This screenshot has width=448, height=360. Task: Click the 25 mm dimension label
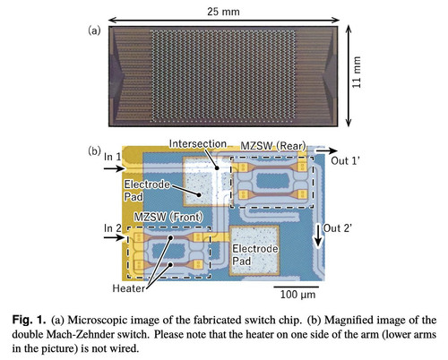click(223, 12)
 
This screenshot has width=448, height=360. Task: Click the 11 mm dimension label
click(357, 73)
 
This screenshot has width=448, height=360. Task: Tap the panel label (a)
click(94, 30)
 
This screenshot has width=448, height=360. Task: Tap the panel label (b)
click(94, 151)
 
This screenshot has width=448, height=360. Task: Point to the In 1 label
click(113, 157)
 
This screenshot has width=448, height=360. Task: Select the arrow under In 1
click(115, 169)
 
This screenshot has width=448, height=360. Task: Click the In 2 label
click(113, 228)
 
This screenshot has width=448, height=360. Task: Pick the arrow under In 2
click(115, 237)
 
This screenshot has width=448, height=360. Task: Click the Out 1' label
click(345, 161)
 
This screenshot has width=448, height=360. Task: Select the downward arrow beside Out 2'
click(318, 236)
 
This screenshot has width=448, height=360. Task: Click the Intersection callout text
click(198, 144)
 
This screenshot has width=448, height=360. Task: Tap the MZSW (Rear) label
click(273, 146)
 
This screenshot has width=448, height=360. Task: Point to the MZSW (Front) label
click(168, 217)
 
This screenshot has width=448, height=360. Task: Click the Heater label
click(129, 288)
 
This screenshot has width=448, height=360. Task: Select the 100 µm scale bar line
click(296, 287)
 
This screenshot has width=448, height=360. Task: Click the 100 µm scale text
click(297, 295)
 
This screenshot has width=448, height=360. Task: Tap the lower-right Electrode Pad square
click(254, 251)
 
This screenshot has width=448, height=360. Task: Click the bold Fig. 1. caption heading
click(29, 321)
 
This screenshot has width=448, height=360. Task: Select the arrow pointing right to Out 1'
click(327, 151)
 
